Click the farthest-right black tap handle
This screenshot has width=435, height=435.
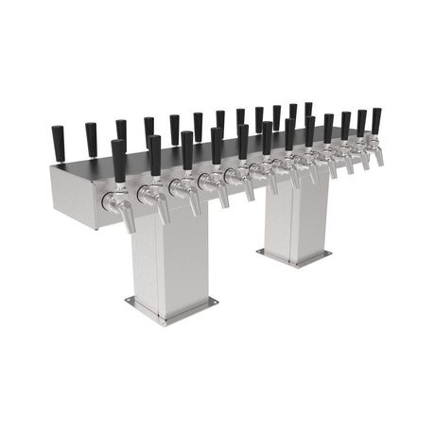pyautogui.click(x=376, y=120)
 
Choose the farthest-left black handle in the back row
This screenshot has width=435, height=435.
pyautogui.click(x=58, y=142)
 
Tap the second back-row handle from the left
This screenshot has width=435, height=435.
pyautogui.click(x=91, y=139)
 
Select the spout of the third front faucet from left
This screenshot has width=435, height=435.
pyautogui.click(x=193, y=205)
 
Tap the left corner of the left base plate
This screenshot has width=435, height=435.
pyautogui.click(x=127, y=302)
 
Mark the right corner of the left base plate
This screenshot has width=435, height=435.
pyautogui.click(x=217, y=302)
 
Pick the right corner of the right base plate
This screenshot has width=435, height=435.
pyautogui.click(x=331, y=254)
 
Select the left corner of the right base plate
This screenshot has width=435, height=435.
pyautogui.click(x=256, y=252)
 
